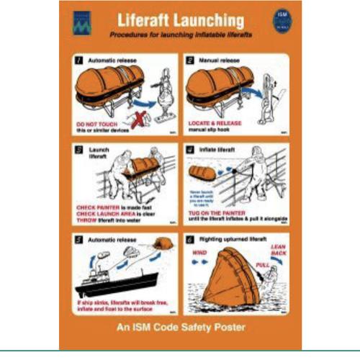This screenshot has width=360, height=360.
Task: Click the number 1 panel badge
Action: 80,62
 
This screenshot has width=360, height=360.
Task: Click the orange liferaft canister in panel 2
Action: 216,89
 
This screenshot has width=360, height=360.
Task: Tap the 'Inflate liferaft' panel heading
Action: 220,150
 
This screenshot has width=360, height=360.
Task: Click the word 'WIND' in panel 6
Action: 199,253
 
